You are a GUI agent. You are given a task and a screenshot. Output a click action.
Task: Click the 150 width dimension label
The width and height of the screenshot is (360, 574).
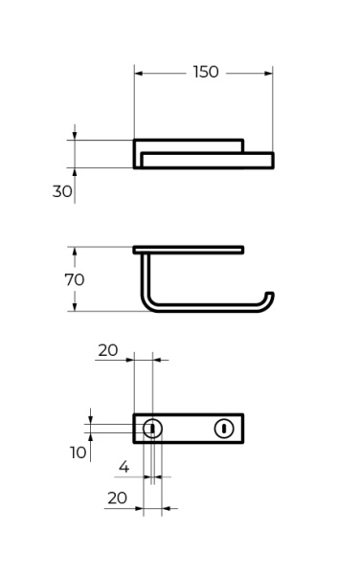tap(206, 72)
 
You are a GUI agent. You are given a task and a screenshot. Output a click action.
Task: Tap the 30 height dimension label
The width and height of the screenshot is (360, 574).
tap(62, 191)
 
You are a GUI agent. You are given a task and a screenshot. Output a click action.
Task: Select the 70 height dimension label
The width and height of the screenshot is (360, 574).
tap(75, 279)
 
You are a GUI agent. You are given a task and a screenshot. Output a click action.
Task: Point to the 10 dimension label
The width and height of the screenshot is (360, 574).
tap(78, 453)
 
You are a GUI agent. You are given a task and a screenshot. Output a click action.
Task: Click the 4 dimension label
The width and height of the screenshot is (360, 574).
tap(124, 467)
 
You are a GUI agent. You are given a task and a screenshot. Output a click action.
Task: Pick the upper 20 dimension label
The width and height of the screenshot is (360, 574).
tap(107, 350)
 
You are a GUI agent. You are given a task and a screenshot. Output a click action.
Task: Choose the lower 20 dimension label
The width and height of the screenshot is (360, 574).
tap(117, 497)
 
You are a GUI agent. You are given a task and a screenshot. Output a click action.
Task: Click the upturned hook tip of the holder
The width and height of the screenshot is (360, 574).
tap(270, 295)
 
